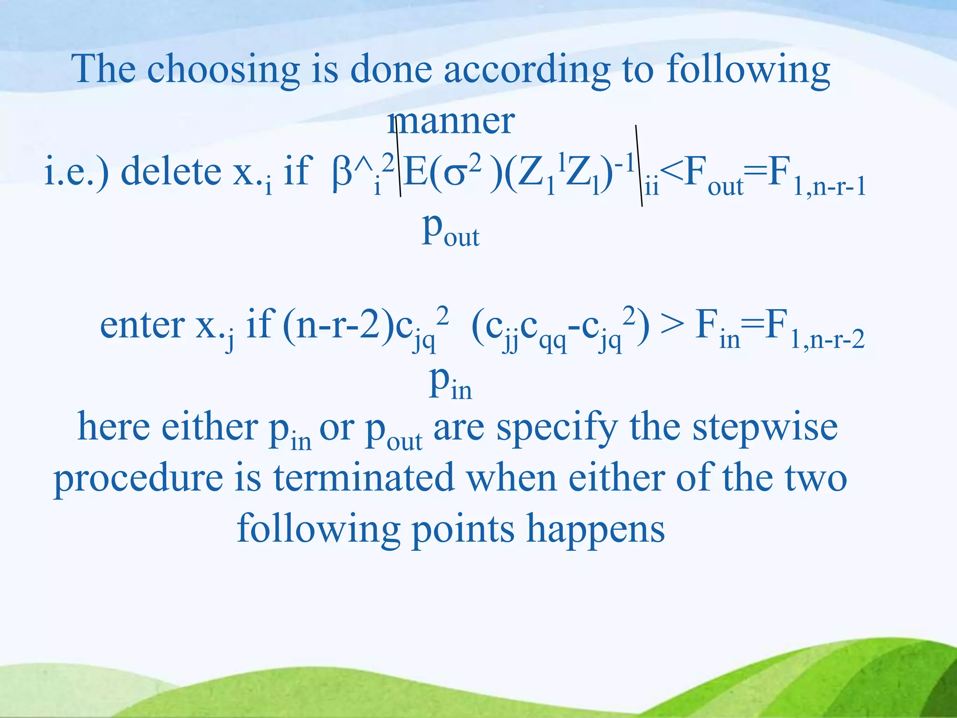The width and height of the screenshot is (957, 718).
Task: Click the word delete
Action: click(x=171, y=172)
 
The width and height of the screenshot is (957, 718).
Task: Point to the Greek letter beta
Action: click(x=342, y=174)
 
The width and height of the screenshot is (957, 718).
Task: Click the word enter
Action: click(x=143, y=325)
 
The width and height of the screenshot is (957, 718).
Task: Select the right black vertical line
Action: click(x=639, y=166)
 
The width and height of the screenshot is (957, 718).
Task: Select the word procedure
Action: click(x=138, y=480)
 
